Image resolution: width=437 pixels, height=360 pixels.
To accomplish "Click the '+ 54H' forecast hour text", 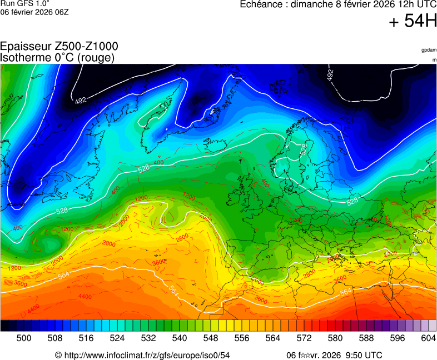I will click(412, 22).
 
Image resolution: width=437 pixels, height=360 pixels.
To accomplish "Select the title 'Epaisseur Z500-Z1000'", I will click(59, 47).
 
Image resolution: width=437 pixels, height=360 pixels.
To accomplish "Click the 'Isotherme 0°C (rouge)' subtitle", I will click(57, 57).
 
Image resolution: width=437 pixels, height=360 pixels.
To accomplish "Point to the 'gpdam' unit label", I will click(429, 50).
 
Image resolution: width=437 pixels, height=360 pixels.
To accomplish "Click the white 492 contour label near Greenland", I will click(81, 101).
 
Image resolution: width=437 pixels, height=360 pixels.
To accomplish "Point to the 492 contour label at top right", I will click(330, 75).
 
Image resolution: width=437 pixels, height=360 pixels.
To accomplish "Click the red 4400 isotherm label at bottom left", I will click(33, 307).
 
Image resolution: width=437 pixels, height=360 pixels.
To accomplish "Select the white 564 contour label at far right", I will click(346, 292).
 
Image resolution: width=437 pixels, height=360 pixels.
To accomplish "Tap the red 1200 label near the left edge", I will click(14, 268).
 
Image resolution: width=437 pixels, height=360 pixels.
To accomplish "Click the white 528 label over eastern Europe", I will click(352, 201).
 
